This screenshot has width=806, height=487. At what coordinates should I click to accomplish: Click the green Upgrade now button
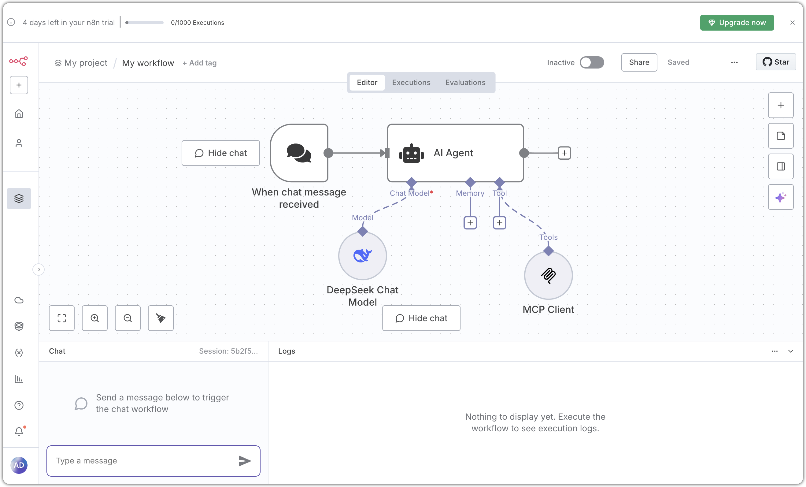[737, 23]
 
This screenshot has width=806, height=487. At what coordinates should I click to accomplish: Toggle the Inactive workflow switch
[591, 62]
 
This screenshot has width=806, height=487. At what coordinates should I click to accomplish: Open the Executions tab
[411, 83]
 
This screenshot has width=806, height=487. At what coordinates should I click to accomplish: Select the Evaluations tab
[465, 83]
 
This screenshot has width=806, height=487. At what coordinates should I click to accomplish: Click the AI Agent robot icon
[411, 153]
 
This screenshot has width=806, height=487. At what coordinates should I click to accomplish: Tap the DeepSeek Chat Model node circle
[362, 256]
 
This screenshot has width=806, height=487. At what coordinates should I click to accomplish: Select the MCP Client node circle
[548, 276]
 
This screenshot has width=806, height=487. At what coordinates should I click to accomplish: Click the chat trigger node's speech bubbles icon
[299, 153]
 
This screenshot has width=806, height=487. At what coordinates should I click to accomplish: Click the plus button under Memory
[470, 223]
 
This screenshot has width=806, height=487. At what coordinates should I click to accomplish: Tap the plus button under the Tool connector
[500, 223]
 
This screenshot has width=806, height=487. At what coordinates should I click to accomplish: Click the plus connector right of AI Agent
[564, 153]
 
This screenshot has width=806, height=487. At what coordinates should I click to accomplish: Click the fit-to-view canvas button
[62, 318]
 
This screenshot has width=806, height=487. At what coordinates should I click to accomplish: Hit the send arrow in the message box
[245, 461]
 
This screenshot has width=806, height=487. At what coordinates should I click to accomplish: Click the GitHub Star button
[776, 62]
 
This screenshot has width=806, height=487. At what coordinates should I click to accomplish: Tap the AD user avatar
[19, 465]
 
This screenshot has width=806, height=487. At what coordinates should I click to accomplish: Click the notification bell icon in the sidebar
[19, 431]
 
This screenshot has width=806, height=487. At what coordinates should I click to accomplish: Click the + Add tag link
[200, 63]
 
